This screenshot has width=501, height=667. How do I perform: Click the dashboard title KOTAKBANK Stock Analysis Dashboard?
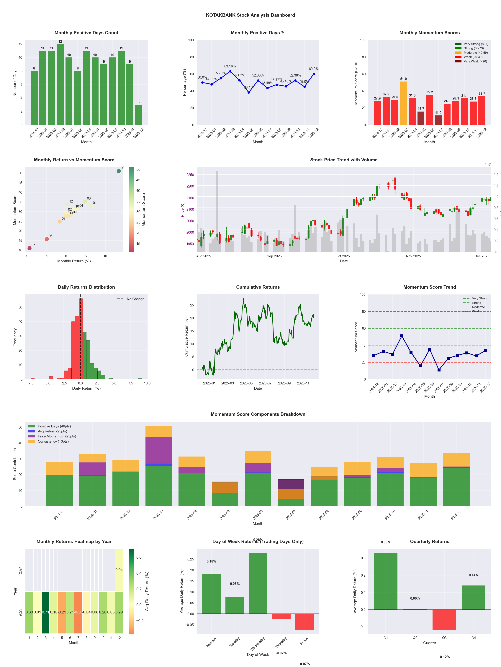[x=250, y=15]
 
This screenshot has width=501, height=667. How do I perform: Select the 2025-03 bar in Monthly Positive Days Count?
[x=60, y=84]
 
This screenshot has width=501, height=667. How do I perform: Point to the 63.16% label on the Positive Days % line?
[x=230, y=66]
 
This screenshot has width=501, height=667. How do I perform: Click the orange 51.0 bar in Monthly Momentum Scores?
[x=403, y=103]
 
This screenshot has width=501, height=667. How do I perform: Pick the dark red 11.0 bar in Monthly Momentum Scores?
[x=438, y=120]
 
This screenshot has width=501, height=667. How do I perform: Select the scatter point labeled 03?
[x=119, y=171]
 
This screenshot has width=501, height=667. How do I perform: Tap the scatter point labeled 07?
[x=29, y=248]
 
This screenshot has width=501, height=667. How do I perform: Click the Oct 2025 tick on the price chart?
[x=343, y=256]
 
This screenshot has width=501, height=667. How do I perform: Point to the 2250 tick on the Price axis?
[x=190, y=175]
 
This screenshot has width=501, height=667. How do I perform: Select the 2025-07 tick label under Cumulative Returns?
[x=265, y=383]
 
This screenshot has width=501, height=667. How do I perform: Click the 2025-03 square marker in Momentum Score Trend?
[x=402, y=336]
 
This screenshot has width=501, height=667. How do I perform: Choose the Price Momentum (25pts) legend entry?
[x=57, y=436]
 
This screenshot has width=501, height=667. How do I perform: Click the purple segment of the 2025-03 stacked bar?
[x=158, y=450]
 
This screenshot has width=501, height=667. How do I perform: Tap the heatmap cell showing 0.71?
[x=46, y=612]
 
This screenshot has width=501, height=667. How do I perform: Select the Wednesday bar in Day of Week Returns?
[x=258, y=583]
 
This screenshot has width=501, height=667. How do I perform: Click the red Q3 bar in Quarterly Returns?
[x=444, y=619]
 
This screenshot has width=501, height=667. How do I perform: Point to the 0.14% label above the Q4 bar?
[x=474, y=575]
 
